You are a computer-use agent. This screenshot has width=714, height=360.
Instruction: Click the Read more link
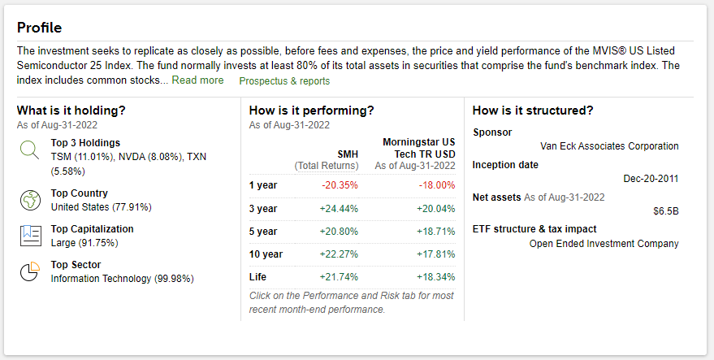tap(197, 80)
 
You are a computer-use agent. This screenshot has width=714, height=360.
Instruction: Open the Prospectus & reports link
tap(284, 81)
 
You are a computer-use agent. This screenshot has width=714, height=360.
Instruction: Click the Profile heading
tap(39, 28)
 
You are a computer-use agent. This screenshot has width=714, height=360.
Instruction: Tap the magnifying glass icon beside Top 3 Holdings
tap(30, 150)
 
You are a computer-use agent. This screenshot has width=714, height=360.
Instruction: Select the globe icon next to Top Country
tap(30, 199)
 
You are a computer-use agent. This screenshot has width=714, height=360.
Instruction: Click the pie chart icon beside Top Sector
tap(30, 271)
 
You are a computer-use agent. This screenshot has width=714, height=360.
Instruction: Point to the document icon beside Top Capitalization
tap(30, 235)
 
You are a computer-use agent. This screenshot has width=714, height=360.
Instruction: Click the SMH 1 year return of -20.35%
tap(340, 184)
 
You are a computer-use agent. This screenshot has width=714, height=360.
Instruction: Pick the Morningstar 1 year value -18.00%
tap(436, 184)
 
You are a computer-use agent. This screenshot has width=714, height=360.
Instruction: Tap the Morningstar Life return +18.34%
tap(435, 277)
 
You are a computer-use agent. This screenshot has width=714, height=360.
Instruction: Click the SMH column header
tap(348, 154)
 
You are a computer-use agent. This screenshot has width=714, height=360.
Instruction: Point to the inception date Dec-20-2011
tap(651, 179)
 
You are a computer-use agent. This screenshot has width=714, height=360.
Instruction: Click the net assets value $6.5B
tap(665, 210)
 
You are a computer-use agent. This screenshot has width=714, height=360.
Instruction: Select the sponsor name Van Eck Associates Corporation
tap(609, 146)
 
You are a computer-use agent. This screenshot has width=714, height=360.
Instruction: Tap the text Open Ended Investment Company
tap(604, 243)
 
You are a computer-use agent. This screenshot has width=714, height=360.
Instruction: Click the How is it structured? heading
tap(532, 111)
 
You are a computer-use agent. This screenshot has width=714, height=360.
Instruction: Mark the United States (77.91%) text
tap(101, 207)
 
